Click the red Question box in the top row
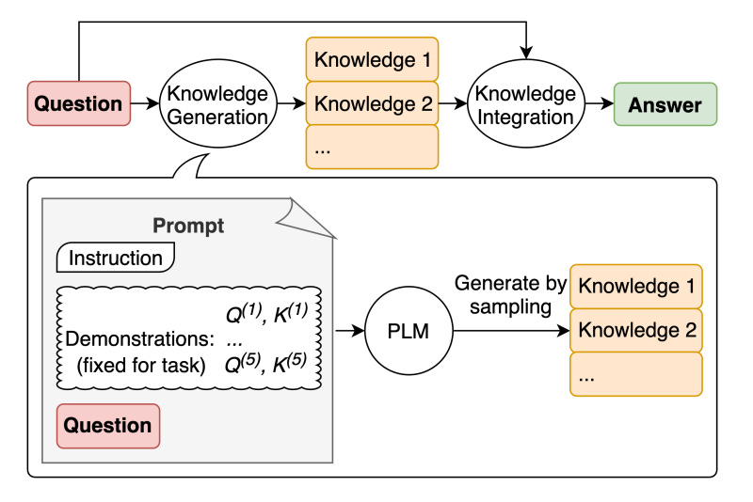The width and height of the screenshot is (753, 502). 79,104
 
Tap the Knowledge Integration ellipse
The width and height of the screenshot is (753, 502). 524,104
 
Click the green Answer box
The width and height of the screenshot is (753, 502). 665,104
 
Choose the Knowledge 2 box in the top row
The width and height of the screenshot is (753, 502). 373,103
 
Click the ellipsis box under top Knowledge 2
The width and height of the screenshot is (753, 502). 373,147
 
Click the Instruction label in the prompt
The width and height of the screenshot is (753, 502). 117,258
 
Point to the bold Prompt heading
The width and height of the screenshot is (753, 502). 187,227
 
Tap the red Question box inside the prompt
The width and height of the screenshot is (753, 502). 108,425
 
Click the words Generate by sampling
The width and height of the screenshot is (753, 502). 510,293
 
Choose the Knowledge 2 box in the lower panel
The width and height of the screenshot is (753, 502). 637,330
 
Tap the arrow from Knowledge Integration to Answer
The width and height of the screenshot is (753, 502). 595,104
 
